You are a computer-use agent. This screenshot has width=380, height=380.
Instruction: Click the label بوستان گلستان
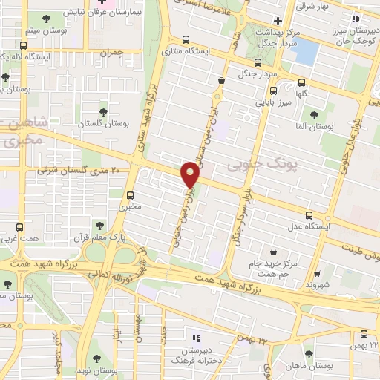[99, 122]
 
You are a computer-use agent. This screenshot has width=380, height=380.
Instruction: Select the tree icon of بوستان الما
[313, 114]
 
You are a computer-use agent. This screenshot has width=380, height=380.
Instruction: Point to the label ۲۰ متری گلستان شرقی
[84, 171]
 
